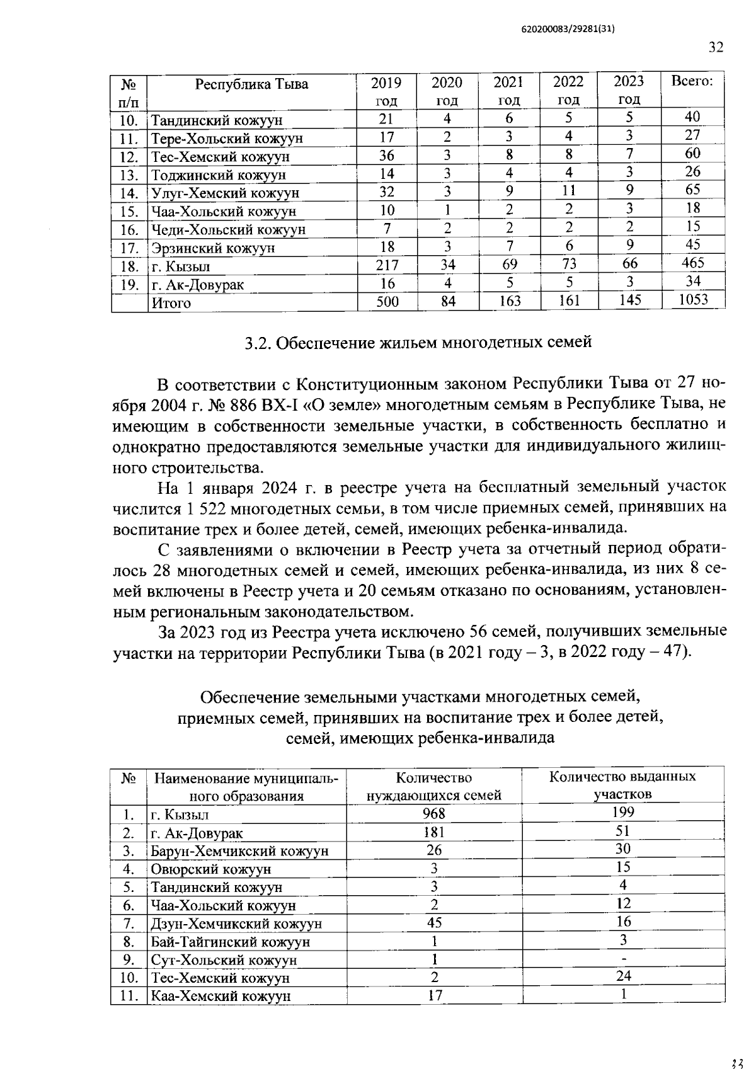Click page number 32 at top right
point(716,49)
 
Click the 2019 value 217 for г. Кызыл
point(387,265)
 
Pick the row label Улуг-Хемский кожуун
point(224,193)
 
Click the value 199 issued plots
point(622,812)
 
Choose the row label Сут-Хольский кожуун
point(223,961)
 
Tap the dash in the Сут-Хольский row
point(622,958)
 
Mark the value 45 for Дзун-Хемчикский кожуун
point(433,923)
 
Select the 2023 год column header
point(628,91)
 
